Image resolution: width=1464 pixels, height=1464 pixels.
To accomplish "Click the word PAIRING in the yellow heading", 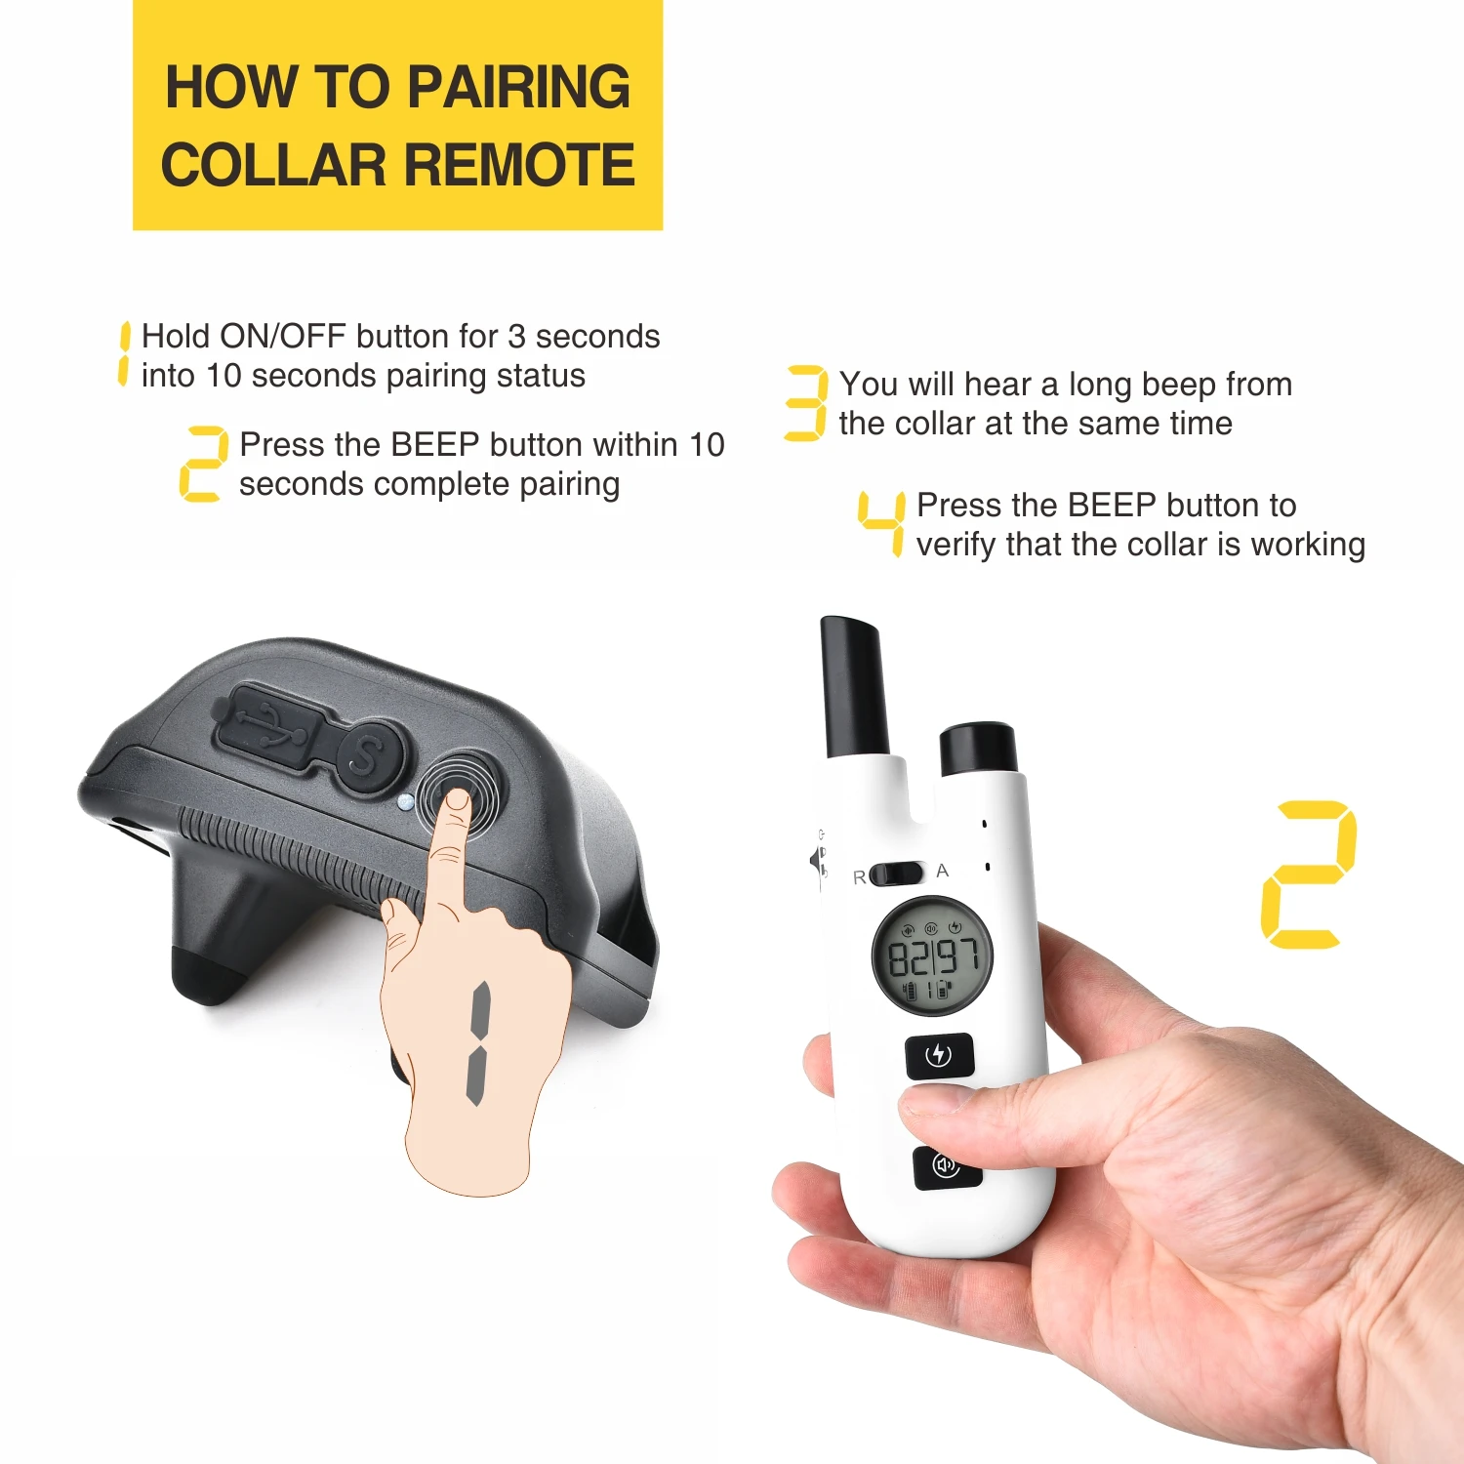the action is pyautogui.click(x=519, y=87).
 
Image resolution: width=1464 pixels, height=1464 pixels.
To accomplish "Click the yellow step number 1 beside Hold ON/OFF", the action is pyautogui.click(x=123, y=353).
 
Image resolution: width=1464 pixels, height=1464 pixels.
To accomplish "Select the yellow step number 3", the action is pyautogui.click(x=806, y=403).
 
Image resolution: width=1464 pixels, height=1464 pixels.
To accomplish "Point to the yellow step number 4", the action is pyautogui.click(x=882, y=523).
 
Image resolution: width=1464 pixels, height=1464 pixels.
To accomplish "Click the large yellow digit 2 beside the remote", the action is pyautogui.click(x=1309, y=874).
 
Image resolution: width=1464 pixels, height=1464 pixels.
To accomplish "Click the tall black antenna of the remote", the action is pyautogui.click(x=853, y=686).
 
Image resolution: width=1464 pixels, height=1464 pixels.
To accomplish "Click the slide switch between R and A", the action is pyautogui.click(x=896, y=873).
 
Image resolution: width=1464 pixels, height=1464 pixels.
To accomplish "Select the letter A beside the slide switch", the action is pyautogui.click(x=942, y=871).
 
